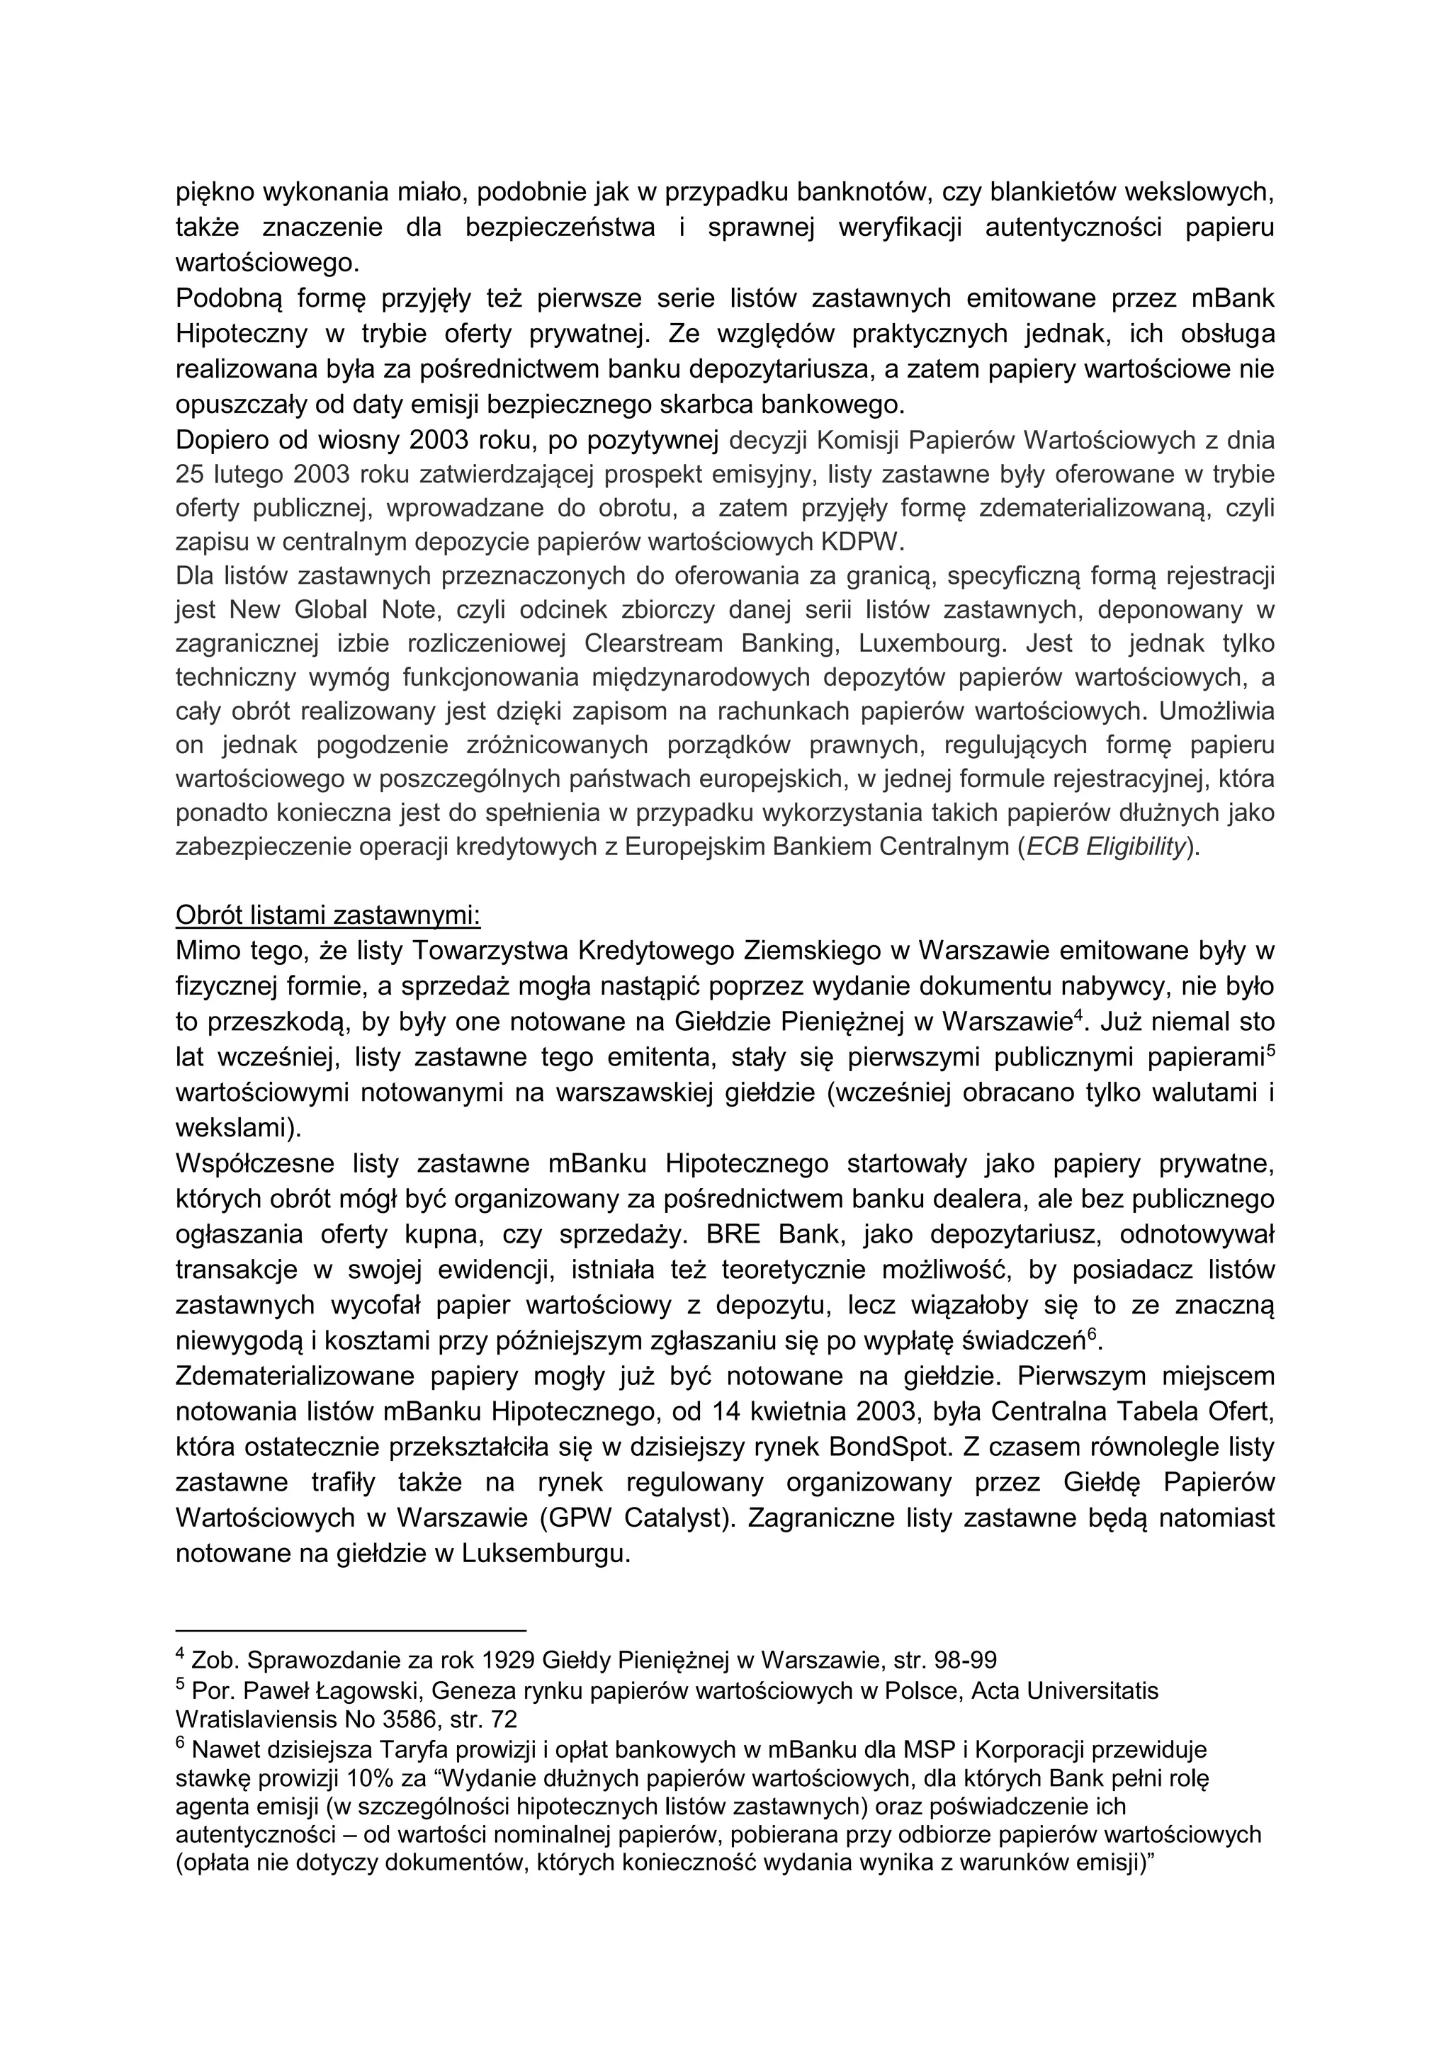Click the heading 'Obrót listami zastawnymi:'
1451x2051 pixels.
[x=328, y=915]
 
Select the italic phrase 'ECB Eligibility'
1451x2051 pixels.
[x=1105, y=847]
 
